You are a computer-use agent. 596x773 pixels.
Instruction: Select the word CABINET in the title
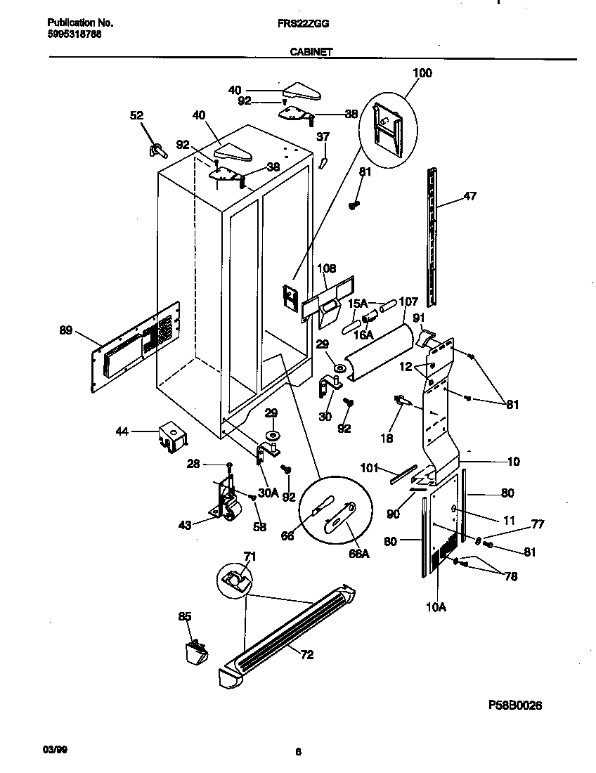[x=311, y=51]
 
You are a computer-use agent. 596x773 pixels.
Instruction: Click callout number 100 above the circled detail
[x=422, y=73]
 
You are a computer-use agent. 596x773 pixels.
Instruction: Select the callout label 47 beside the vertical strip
[x=469, y=196]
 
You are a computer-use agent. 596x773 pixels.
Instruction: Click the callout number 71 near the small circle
[x=250, y=557]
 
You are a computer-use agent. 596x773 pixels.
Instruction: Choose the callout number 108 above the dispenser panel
[x=327, y=268]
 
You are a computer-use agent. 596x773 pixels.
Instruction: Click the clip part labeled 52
[x=157, y=148]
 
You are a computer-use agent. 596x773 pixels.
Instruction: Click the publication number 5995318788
[x=67, y=34]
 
